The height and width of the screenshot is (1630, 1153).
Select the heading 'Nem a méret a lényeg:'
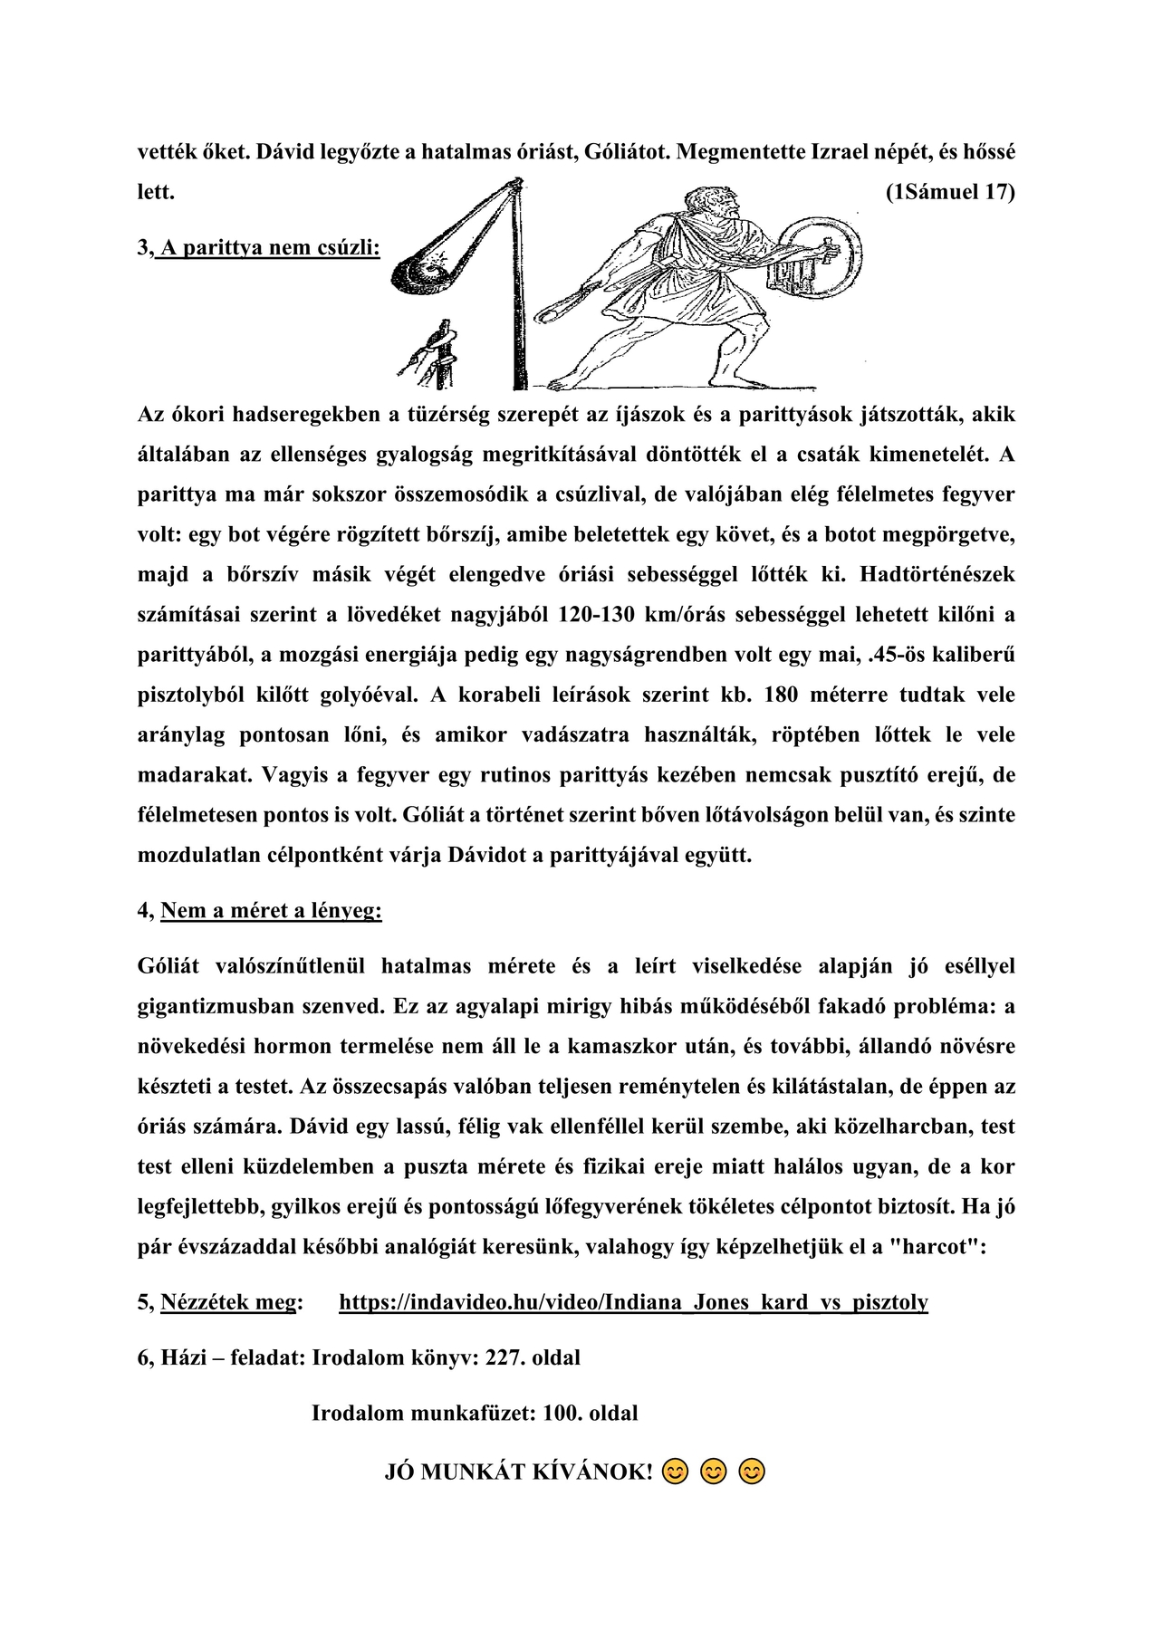point(271,910)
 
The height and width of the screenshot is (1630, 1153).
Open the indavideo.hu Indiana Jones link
point(633,1302)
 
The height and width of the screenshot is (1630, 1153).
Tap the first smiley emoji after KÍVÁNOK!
point(674,1472)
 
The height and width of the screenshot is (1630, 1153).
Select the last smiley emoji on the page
point(752,1472)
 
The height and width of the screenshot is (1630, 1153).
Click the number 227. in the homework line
point(505,1357)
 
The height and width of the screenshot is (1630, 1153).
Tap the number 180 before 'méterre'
point(786,695)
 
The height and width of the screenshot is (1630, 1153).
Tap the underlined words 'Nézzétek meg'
point(229,1302)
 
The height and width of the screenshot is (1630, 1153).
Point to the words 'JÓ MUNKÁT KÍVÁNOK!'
point(518,1472)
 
